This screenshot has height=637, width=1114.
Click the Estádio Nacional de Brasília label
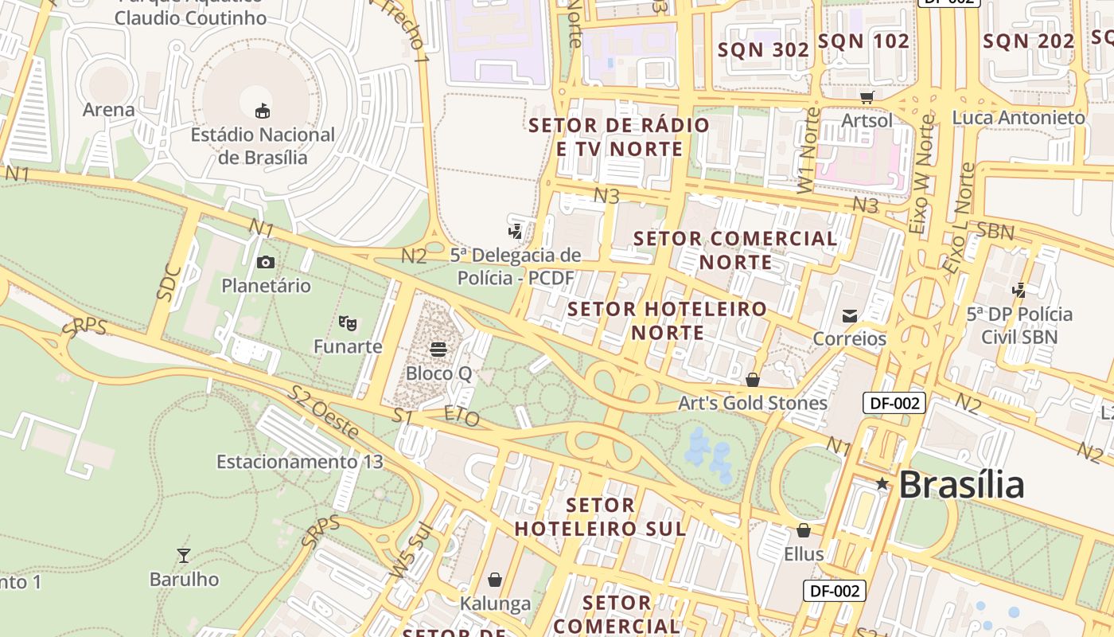point(262,146)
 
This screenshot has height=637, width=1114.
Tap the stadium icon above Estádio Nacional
point(262,110)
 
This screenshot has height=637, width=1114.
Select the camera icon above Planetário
point(266,262)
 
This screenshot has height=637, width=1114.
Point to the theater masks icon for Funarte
point(347,322)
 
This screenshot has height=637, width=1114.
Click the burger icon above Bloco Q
point(438,349)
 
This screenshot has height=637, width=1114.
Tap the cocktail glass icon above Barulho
point(184,555)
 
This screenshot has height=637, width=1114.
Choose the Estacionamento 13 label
point(299,462)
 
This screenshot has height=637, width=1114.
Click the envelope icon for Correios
point(850,315)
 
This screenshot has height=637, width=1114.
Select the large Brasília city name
point(961,484)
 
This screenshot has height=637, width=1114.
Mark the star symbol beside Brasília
point(882,483)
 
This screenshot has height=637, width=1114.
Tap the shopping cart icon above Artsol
point(867,97)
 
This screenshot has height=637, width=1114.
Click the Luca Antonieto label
point(1019,118)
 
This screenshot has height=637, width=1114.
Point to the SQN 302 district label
point(763,49)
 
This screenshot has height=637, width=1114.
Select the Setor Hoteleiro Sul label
point(600,517)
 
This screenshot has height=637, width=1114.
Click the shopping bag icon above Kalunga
point(495,579)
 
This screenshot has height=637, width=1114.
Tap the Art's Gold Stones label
point(752,403)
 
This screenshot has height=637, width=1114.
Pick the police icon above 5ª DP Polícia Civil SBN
point(1019,290)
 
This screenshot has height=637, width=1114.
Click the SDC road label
point(169,282)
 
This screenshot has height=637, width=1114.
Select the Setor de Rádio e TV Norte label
point(619,137)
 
